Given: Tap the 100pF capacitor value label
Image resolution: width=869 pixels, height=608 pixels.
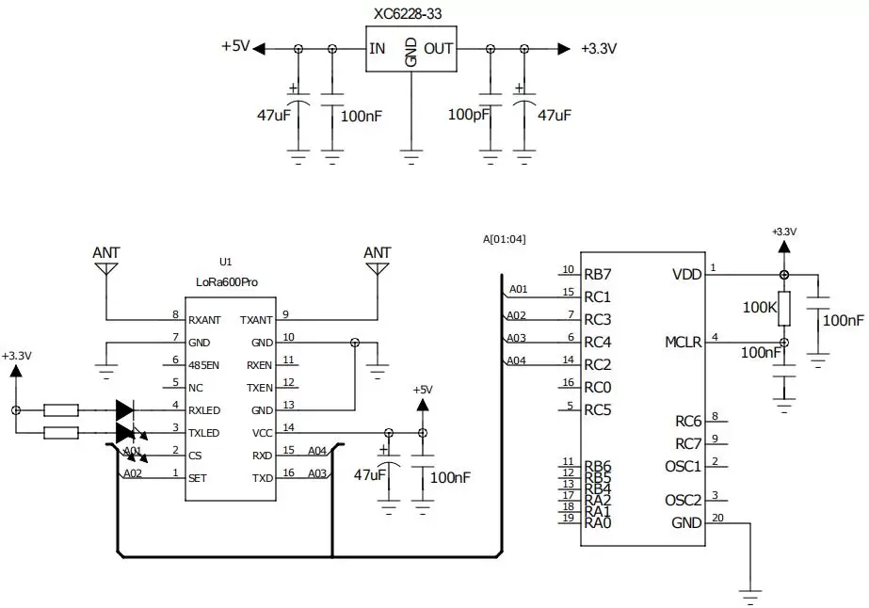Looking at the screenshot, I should click(x=467, y=116).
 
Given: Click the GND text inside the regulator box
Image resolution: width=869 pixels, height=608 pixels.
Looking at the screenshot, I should click(x=410, y=52).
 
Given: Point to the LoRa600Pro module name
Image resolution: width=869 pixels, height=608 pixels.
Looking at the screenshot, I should click(x=226, y=281).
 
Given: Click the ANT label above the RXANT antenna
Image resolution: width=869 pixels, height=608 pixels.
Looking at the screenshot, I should click(x=106, y=252).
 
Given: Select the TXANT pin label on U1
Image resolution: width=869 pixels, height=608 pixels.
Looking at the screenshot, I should click(x=257, y=320).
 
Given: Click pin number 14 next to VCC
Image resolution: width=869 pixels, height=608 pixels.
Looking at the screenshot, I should click(x=288, y=428).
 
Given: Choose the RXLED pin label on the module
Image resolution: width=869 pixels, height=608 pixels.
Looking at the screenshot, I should click(x=204, y=410).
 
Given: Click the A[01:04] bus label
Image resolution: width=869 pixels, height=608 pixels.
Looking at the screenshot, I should click(x=503, y=239).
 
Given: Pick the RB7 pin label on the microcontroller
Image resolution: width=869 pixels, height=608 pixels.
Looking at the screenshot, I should click(x=598, y=275).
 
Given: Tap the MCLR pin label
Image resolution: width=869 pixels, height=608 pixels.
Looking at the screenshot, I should click(x=683, y=342).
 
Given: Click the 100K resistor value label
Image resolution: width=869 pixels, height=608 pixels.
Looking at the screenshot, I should click(x=759, y=308).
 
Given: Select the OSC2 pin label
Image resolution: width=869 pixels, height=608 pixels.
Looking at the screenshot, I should click(x=683, y=500).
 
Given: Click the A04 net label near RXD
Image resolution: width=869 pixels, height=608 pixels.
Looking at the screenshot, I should click(x=317, y=450).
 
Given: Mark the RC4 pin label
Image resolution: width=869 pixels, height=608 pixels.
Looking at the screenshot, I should click(x=598, y=342).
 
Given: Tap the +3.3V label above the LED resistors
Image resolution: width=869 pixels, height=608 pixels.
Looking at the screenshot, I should click(x=16, y=356).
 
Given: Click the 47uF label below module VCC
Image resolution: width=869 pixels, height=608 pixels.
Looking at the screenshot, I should click(x=368, y=475).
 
